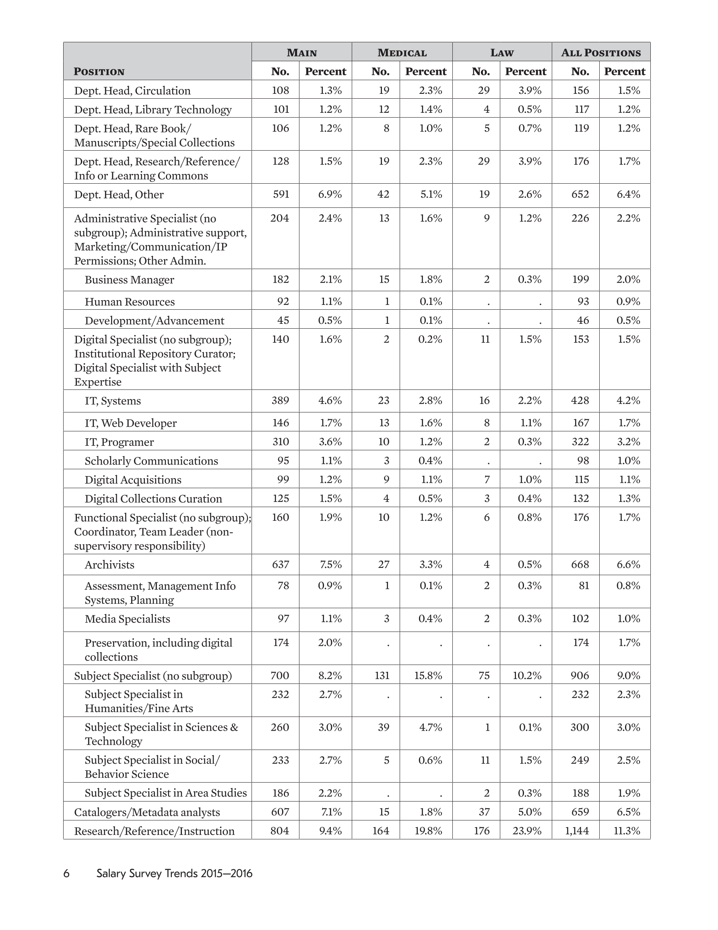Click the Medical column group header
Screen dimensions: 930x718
(402, 52)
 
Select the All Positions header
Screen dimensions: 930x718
(600, 52)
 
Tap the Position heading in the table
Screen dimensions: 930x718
(99, 72)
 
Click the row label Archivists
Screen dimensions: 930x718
(109, 565)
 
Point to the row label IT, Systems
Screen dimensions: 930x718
(113, 401)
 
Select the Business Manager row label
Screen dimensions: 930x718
(129, 280)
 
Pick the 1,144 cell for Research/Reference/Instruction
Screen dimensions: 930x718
(577, 831)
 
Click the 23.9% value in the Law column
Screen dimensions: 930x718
(526, 831)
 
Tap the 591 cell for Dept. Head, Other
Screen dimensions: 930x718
(281, 194)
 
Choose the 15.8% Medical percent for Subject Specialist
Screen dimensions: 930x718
(428, 675)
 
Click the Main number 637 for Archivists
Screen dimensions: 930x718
(281, 564)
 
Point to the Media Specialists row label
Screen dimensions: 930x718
(127, 619)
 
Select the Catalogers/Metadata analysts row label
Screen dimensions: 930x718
(147, 812)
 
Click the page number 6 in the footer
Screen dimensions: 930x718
(66, 873)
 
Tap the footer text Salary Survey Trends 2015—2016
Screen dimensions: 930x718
(175, 873)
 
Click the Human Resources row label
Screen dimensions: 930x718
(129, 302)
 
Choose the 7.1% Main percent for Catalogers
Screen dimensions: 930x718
(330, 812)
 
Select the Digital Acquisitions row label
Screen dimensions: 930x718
(133, 480)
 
